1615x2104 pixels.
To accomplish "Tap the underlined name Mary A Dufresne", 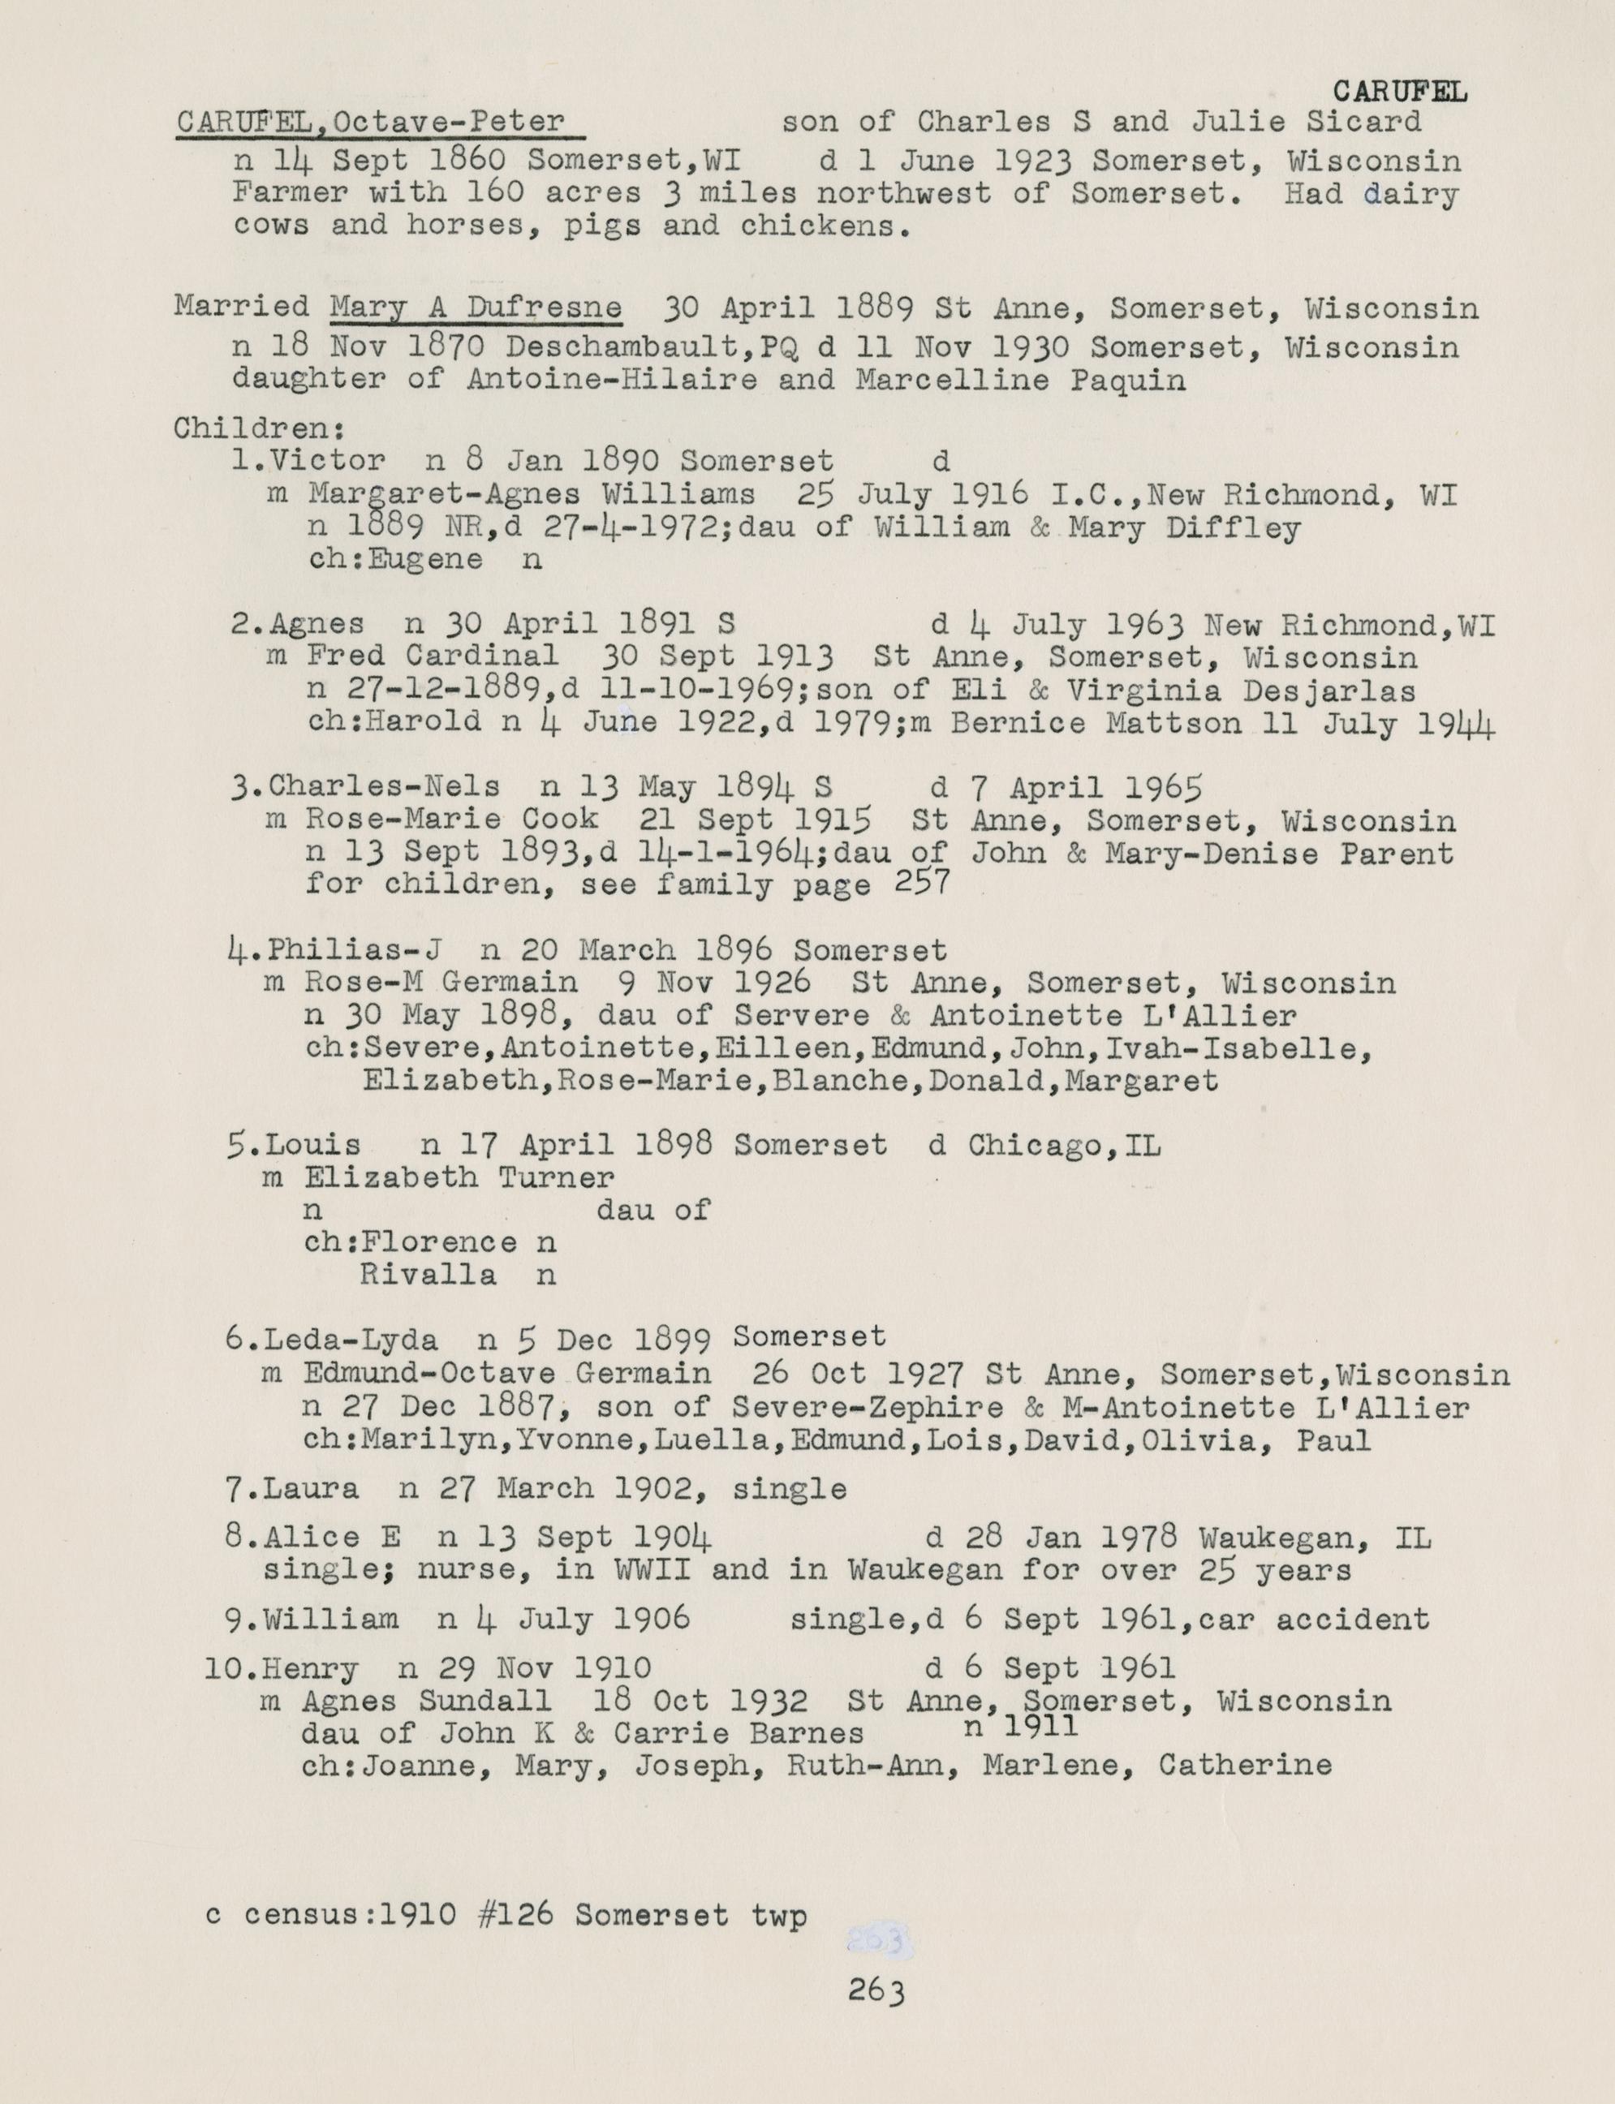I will click(475, 308).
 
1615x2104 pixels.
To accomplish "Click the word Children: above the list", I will click(260, 427).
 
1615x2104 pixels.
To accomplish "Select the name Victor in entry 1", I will click(327, 462).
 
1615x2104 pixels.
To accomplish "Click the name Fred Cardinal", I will click(433, 656).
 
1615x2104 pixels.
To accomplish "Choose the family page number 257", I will click(922, 881).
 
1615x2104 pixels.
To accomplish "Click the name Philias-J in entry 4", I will click(355, 951).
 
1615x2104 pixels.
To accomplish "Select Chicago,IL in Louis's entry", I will click(1064, 1146).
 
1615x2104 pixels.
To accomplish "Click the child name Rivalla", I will click(428, 1276).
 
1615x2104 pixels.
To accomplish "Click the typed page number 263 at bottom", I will click(876, 1989).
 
